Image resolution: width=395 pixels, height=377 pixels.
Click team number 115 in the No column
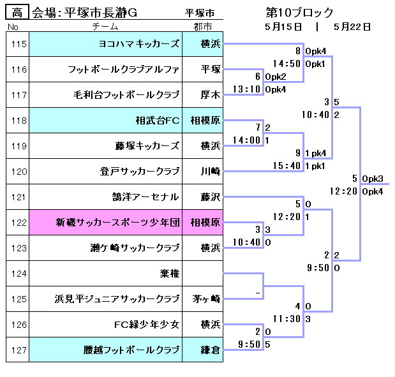point(19,44)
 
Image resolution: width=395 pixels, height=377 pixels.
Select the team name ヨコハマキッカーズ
point(139,44)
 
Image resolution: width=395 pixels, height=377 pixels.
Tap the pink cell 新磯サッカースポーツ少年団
point(117,223)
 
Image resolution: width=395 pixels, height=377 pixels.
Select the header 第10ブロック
point(299,13)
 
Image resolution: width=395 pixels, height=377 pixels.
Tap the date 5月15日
point(283,27)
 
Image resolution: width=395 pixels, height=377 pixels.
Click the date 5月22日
point(352,27)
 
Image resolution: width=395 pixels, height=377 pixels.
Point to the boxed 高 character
point(17,13)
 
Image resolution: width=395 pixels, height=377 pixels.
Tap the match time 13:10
point(246,89)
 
